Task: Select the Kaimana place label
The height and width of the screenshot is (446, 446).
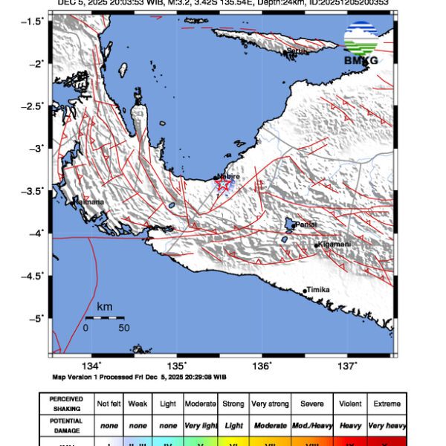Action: (91, 201)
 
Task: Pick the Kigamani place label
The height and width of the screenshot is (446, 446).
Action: (334, 245)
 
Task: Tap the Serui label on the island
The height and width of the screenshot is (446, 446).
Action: (297, 51)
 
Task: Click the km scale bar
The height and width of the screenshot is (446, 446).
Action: (104, 317)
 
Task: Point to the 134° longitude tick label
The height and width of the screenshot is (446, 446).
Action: (91, 364)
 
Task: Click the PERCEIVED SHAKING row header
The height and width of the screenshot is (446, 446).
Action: (66, 404)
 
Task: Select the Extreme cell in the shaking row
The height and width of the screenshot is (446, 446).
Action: (387, 404)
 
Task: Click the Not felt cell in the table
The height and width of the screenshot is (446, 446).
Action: (109, 404)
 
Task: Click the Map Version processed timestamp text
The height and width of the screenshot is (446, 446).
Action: (139, 377)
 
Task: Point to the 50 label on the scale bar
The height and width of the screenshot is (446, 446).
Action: (123, 327)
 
